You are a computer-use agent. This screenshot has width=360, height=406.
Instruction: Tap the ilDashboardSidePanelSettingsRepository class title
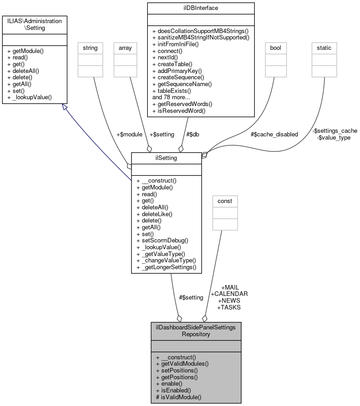[196, 330]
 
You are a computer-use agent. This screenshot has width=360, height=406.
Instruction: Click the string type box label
[90, 48]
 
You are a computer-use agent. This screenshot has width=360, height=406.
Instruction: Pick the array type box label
[125, 48]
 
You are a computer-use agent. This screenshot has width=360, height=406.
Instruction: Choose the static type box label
[324, 48]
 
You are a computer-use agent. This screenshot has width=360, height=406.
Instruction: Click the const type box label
[225, 201]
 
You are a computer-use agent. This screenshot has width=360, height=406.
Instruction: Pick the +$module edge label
[129, 134]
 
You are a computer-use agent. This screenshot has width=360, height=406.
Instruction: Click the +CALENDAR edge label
[229, 294]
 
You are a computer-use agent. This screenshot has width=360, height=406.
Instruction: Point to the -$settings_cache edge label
[335, 131]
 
